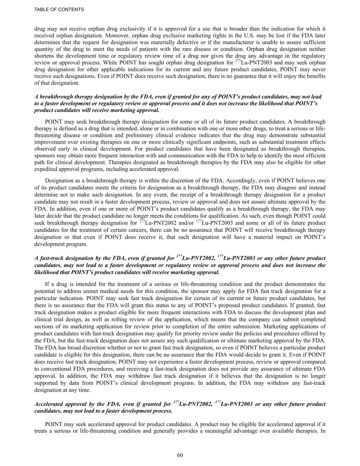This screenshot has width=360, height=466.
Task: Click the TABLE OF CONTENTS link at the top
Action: click(59, 10)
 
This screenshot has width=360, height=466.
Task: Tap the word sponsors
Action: click(44, 156)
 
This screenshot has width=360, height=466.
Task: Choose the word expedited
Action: click(46, 169)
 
